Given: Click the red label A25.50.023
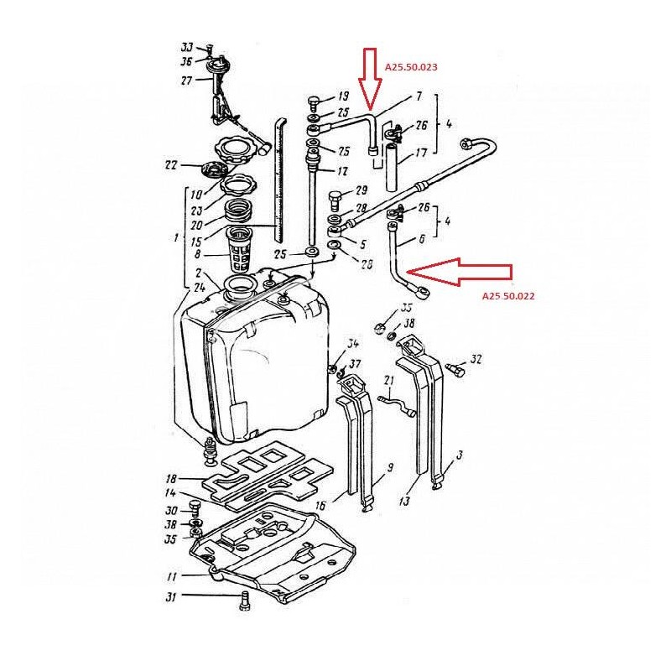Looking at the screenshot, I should [x=411, y=65].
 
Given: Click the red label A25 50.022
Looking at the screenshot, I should [x=509, y=296].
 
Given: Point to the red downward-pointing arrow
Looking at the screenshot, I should [x=370, y=75].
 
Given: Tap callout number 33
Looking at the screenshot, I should [x=186, y=47].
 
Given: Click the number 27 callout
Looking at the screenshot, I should [x=186, y=81].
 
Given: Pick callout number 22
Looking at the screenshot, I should [x=171, y=164].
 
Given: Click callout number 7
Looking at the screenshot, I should [x=418, y=97].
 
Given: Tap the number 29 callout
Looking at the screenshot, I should [x=362, y=190].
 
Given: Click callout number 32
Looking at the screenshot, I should [x=476, y=360].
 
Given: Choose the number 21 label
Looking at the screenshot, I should [x=388, y=381].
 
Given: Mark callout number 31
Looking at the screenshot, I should [x=171, y=596].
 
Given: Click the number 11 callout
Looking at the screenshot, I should [x=171, y=575].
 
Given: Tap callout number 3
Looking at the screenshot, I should [x=459, y=455].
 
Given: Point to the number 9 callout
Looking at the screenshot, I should [x=390, y=467].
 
